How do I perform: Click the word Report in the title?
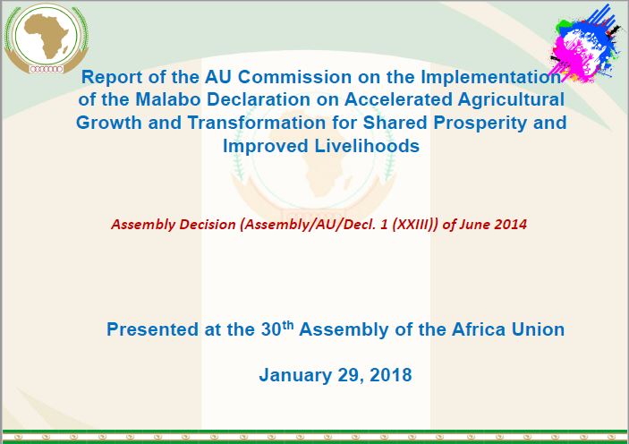(111, 77)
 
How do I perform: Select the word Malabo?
(167, 99)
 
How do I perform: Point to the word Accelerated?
(398, 99)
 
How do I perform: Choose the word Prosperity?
(480, 124)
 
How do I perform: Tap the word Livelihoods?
(367, 146)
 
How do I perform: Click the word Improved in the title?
(266, 147)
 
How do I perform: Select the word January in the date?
(295, 376)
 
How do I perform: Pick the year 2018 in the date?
(390, 375)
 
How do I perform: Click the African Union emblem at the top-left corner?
(47, 38)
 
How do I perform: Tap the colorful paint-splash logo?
(584, 43)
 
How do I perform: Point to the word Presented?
(152, 329)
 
